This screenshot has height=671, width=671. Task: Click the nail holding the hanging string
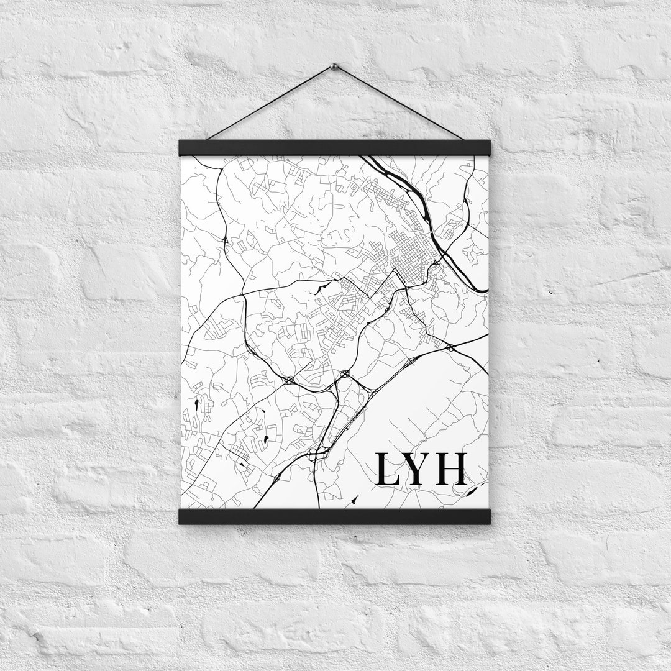pyautogui.click(x=334, y=66)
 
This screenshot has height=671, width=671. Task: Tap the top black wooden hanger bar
pyautogui.click(x=334, y=147)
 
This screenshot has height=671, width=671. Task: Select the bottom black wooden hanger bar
pyautogui.click(x=334, y=516)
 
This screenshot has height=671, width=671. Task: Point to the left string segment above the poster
pyautogui.click(x=271, y=103)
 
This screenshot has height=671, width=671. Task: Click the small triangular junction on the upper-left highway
pyautogui.click(x=224, y=239)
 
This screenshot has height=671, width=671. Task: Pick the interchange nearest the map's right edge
pyautogui.click(x=450, y=347)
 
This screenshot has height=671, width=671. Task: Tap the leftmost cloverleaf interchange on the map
pyautogui.click(x=288, y=380)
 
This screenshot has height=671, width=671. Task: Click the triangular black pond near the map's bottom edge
pyautogui.click(x=355, y=498)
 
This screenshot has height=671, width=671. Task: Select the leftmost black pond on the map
pyautogui.click(x=196, y=404)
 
